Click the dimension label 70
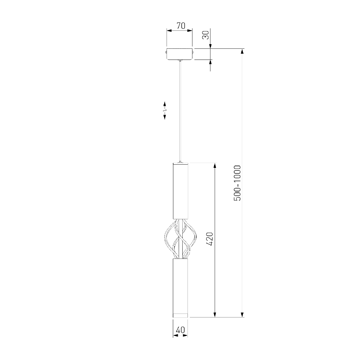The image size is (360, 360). pos(181,26)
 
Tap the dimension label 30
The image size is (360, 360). pos(206,35)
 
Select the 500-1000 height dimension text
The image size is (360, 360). pos(237,183)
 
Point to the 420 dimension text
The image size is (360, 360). pos(210,239)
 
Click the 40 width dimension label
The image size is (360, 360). pos(180,330)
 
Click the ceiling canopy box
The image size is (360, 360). pos(180,54)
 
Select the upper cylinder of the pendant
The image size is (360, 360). pos(180,191)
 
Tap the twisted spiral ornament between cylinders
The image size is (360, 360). pos(180,239)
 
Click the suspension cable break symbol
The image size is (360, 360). pos(165,111)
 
